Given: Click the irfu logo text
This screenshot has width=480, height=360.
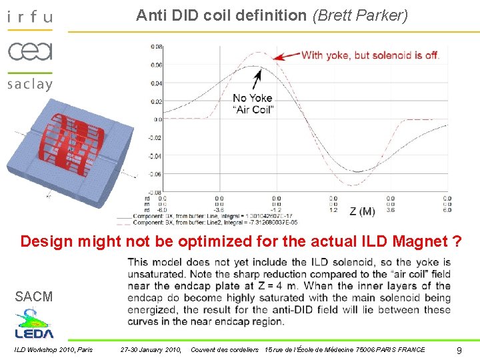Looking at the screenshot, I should click(29, 17).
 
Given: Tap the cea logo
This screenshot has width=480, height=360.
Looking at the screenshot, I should click(29, 51).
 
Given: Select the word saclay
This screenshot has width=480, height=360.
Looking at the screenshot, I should click(29, 84).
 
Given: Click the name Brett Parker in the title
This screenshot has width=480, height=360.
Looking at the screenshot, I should click(360, 15).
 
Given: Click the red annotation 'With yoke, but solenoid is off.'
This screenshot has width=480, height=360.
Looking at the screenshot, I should click(370, 55).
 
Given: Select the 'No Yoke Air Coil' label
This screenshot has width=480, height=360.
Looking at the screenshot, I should click(253, 104).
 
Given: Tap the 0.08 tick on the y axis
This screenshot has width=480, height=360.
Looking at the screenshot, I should click(156, 47).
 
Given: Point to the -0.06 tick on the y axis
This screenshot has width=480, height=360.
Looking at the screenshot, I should click(155, 174).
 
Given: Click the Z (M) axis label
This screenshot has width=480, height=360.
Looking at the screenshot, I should click(362, 211).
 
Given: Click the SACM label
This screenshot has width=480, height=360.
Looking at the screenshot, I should click(33, 297).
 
